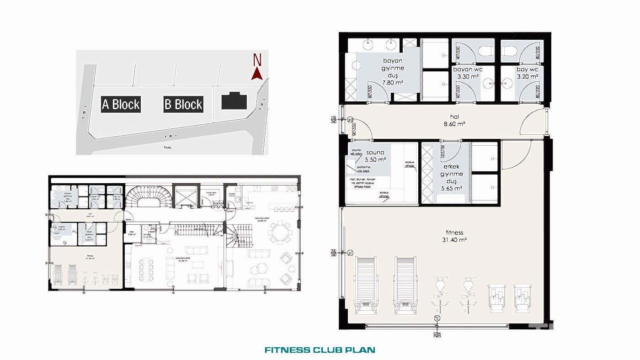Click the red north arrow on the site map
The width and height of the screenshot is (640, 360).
pos(257,73)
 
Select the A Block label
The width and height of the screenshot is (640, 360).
pos(121,104)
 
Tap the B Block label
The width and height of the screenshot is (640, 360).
pos(183,104)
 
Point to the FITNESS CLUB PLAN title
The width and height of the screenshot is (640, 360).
pos(320,350)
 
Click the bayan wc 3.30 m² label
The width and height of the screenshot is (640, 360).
pos(467,73)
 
